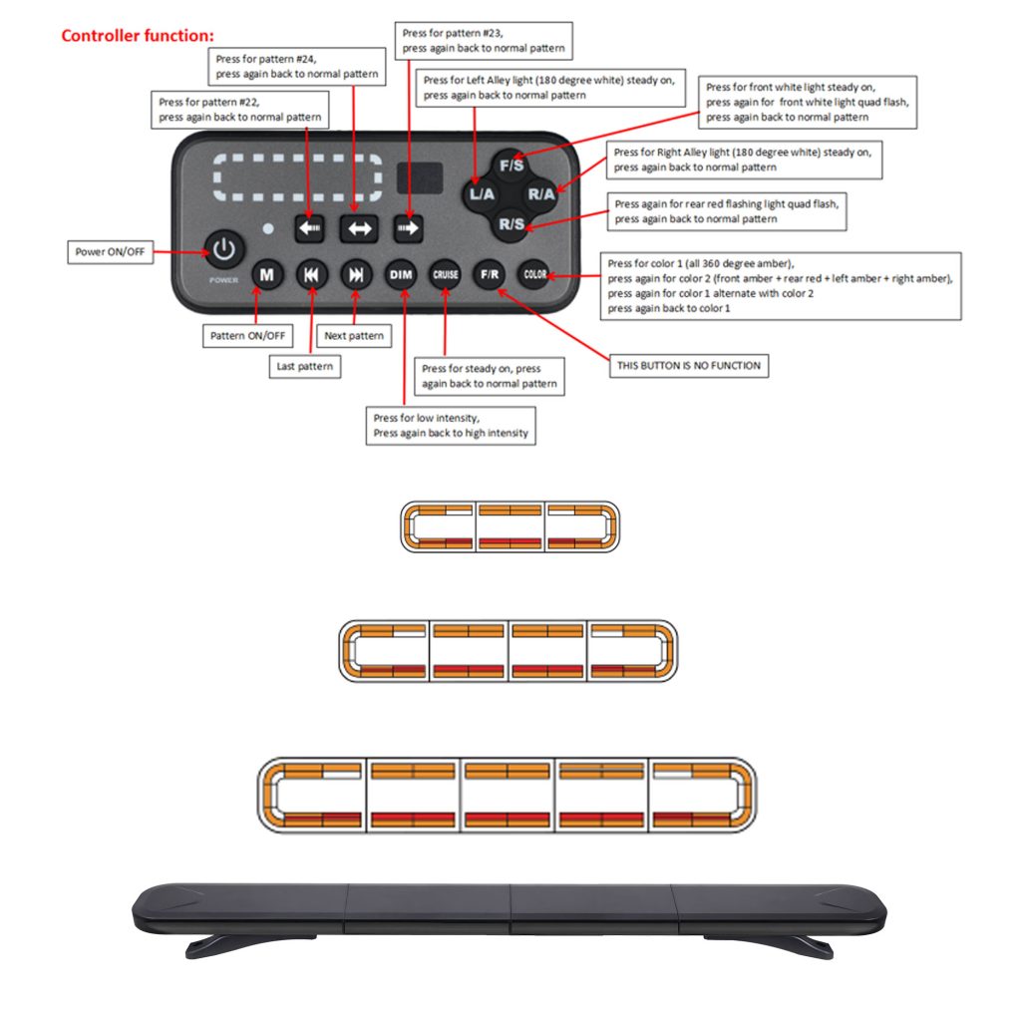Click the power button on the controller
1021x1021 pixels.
[x=224, y=249]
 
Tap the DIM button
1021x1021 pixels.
[x=401, y=275]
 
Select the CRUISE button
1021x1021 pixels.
[x=446, y=275]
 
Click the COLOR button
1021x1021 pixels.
[x=534, y=275]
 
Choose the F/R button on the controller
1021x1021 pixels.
[x=490, y=275]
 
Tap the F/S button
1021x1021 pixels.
[x=511, y=166]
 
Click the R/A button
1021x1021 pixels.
[x=541, y=194]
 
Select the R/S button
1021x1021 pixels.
[x=511, y=224]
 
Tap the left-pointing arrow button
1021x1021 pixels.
[x=309, y=228]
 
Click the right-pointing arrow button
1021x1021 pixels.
[x=408, y=228]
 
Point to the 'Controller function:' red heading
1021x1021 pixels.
[x=138, y=36]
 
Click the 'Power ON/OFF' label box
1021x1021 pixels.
[x=110, y=252]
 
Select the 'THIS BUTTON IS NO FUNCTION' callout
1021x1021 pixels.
[x=688, y=366]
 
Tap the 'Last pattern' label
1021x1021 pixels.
[x=305, y=367]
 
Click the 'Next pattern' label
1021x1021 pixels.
[x=354, y=336]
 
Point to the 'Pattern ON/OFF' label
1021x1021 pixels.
[x=247, y=336]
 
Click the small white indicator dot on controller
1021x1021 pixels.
[x=267, y=228]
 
